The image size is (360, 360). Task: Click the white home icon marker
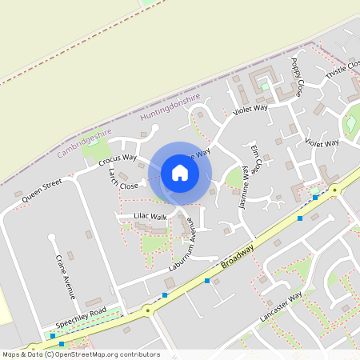[180, 173]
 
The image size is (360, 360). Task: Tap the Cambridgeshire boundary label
[85, 138]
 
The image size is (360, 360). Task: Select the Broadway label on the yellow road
[238, 258]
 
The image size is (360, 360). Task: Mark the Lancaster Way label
[280, 308]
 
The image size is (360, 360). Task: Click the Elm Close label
[255, 159]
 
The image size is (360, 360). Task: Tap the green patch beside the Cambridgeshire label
[96, 149]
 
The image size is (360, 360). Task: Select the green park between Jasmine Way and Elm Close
[234, 177]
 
